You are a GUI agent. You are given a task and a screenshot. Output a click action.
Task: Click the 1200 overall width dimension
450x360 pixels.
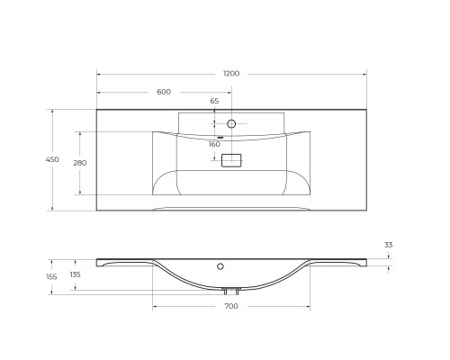[x=231, y=74]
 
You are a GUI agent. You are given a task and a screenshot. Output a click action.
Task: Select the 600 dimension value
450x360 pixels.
[x=164, y=92]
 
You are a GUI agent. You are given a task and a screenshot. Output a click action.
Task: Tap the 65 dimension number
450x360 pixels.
[x=214, y=102]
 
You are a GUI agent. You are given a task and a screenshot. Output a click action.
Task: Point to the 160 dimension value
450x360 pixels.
[x=214, y=144]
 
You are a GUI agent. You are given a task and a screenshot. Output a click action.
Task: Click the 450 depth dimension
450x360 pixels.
[x=52, y=159]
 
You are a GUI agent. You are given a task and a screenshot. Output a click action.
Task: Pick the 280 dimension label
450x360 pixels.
[x=79, y=162]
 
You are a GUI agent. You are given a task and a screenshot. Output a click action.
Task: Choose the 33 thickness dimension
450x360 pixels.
[x=389, y=244]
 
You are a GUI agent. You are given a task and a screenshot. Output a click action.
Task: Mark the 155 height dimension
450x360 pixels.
[x=51, y=276]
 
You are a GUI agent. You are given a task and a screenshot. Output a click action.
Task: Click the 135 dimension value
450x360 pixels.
[x=75, y=274]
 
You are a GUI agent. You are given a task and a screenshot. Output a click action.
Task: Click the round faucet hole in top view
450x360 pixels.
[x=231, y=122]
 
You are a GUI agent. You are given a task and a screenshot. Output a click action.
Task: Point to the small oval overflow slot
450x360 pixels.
[x=220, y=137]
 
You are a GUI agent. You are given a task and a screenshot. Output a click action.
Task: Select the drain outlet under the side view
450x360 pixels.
[x=231, y=291]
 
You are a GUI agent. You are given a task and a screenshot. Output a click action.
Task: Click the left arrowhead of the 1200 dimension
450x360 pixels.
[x=98, y=74]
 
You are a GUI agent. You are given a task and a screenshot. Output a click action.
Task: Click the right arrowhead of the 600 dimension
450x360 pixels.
[x=229, y=92]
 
